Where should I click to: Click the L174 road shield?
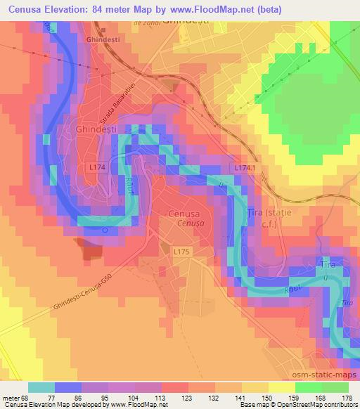(98, 168)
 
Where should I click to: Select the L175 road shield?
(183, 249)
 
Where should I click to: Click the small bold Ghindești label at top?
(98, 41)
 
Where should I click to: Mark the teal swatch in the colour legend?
(41, 387)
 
